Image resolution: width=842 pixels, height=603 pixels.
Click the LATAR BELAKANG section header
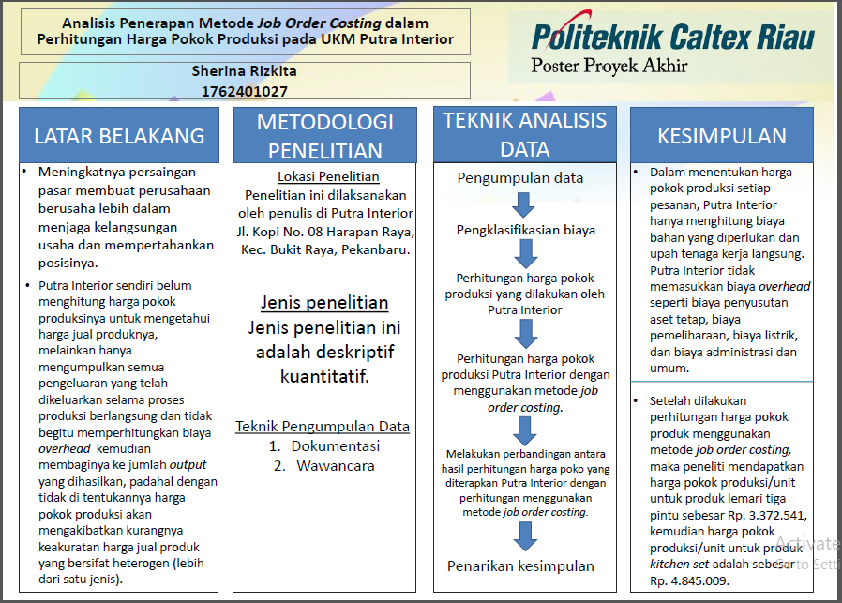click(x=119, y=135)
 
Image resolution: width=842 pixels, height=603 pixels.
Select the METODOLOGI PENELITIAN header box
click(x=324, y=135)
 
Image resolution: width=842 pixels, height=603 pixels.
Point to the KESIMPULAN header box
click(x=721, y=135)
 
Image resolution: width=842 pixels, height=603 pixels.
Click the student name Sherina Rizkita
click(x=244, y=71)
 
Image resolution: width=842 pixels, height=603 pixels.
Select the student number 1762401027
click(x=244, y=91)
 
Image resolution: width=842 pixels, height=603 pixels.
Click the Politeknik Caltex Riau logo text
click(x=672, y=37)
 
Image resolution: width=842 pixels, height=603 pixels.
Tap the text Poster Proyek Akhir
click(x=609, y=67)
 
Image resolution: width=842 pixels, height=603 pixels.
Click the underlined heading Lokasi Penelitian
click(x=328, y=176)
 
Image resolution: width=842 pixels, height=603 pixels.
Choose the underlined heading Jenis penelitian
click(x=324, y=303)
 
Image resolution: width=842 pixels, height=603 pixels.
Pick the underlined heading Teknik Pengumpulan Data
click(x=323, y=427)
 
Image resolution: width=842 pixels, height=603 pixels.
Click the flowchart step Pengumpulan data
click(x=520, y=178)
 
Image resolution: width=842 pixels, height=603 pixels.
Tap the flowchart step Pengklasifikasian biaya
click(x=525, y=230)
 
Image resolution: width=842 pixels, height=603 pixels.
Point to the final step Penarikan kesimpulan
click(x=520, y=565)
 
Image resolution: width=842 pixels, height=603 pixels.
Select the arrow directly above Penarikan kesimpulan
click(x=525, y=536)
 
